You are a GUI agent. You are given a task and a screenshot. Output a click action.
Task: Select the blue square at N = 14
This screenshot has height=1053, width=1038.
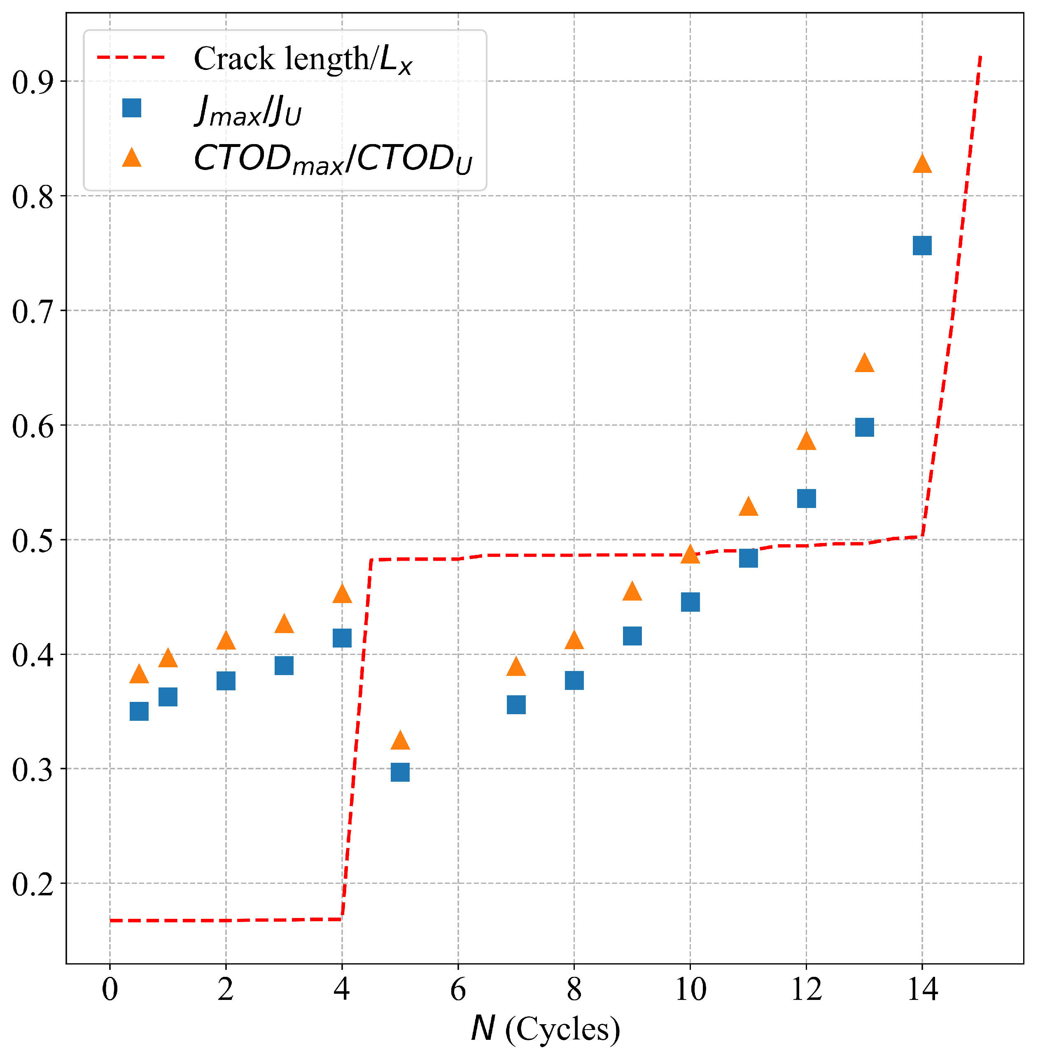pyautogui.click(x=922, y=246)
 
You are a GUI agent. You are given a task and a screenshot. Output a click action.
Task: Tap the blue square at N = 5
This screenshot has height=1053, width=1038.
pyautogui.click(x=400, y=772)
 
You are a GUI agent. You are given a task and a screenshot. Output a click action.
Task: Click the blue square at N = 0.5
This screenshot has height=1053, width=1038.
pyautogui.click(x=139, y=711)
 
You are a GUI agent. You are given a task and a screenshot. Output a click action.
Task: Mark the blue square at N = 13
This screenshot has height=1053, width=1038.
pyautogui.click(x=865, y=427)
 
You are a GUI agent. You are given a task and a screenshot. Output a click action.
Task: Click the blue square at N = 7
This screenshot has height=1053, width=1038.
pyautogui.click(x=516, y=705)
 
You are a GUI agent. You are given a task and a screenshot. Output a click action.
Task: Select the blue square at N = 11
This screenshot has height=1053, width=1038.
pyautogui.click(x=749, y=559)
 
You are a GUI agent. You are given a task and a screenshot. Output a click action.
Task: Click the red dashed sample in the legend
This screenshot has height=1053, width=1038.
pyautogui.click(x=131, y=57)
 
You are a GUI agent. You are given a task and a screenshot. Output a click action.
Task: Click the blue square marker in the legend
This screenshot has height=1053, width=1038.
pyautogui.click(x=132, y=108)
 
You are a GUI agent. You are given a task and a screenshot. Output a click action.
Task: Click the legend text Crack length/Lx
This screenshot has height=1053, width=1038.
pyautogui.click(x=303, y=59)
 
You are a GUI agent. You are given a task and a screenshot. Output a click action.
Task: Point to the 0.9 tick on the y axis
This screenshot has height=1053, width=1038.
pyautogui.click(x=33, y=82)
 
